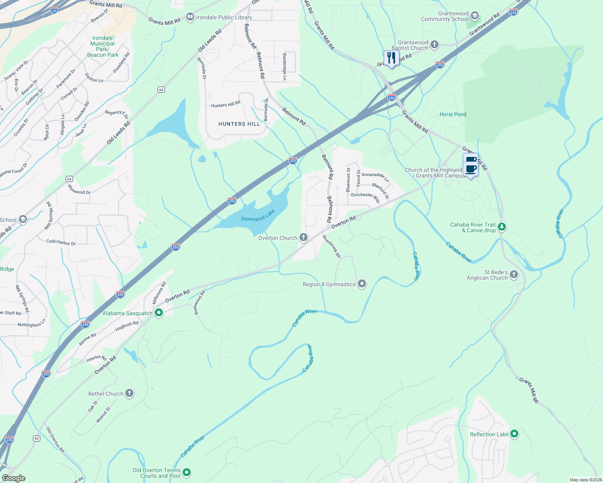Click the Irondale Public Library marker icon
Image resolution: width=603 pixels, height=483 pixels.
point(190,17)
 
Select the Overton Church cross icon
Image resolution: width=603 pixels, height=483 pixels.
point(304,238)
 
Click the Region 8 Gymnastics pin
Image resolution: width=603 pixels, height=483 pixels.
point(362,284)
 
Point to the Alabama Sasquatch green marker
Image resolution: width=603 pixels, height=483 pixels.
point(159,313)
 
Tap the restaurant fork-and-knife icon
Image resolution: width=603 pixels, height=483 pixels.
point(391,58)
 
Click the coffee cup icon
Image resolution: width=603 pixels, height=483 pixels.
point(470,164)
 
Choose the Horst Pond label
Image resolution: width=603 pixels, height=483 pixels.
point(453,114)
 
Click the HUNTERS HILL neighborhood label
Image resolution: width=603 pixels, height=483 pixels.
point(239,124)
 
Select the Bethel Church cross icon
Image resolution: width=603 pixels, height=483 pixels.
point(129,393)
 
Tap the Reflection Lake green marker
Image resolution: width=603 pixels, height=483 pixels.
point(514,434)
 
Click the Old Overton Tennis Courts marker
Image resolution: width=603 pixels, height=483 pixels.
point(186,472)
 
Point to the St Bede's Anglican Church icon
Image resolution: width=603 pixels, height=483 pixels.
point(514,275)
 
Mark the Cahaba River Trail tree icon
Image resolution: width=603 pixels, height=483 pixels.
point(501,227)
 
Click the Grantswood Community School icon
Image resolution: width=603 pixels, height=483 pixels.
point(474,16)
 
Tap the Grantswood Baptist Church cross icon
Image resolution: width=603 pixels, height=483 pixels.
point(434,45)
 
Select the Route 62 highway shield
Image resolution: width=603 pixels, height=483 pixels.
point(37,438)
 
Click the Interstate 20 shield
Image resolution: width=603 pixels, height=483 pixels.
point(54,10)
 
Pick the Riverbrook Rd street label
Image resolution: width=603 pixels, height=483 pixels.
point(332,246)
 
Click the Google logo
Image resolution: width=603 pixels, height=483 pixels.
point(13,478)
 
